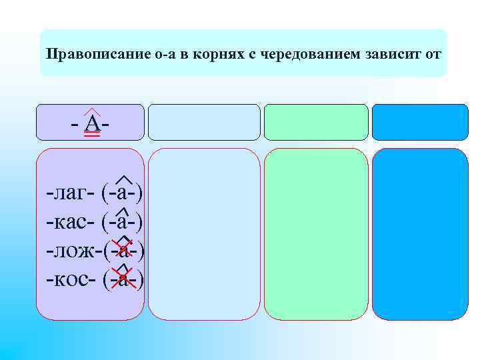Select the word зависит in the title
click(x=394, y=53)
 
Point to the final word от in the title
click(x=433, y=53)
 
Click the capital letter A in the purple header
click(x=93, y=125)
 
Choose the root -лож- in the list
click(x=73, y=251)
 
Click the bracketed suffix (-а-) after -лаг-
click(x=123, y=194)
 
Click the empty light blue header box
click(x=203, y=122)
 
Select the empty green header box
click(x=316, y=122)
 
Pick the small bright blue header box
click(x=419, y=122)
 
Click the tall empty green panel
click(x=316, y=233)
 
